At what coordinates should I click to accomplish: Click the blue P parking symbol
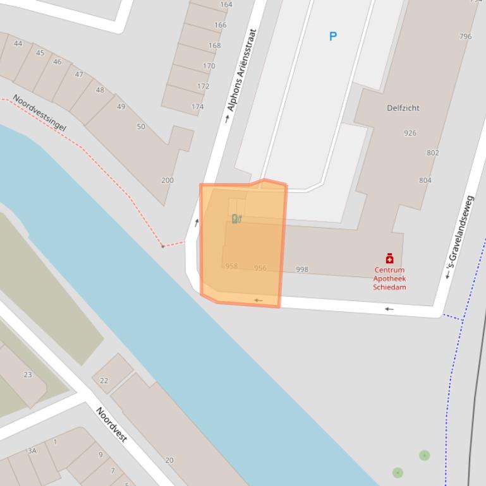click(x=333, y=37)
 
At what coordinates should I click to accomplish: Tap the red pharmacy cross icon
click(x=389, y=258)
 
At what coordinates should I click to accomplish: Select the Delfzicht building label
click(x=403, y=108)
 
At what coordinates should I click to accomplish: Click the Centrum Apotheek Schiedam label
click(x=389, y=278)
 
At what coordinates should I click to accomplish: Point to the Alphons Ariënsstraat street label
click(x=242, y=70)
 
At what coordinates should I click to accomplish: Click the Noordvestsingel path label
click(x=39, y=113)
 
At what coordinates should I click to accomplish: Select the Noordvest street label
click(x=112, y=424)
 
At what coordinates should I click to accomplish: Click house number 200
click(x=167, y=181)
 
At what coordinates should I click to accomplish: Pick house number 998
click(x=302, y=270)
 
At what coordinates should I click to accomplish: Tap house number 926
click(x=410, y=133)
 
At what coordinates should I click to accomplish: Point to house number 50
click(x=141, y=127)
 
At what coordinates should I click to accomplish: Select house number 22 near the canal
click(x=104, y=381)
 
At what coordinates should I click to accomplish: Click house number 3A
click(x=32, y=451)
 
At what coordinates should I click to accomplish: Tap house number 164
click(x=226, y=4)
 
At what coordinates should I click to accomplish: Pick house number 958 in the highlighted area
click(x=231, y=266)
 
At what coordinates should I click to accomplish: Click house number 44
click(x=18, y=44)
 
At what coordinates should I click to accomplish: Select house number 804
click(x=425, y=181)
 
